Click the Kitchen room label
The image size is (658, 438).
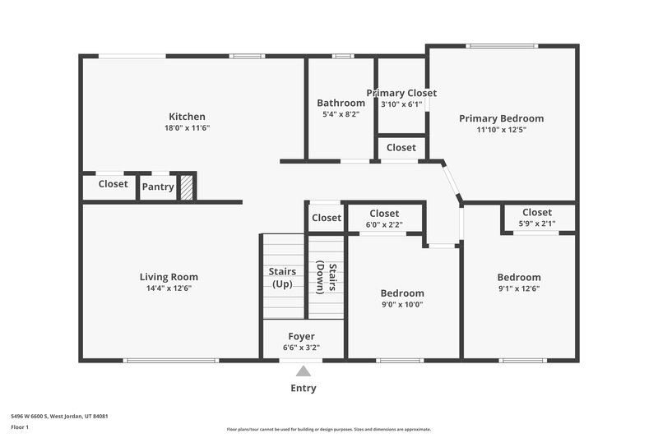(x=187, y=117)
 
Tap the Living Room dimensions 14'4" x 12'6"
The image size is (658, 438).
(x=169, y=288)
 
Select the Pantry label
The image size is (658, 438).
(x=157, y=187)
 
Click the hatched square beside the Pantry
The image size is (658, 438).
(x=187, y=187)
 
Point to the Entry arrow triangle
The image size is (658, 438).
(x=304, y=371)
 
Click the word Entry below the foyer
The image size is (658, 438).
(x=303, y=389)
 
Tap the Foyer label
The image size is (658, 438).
(x=301, y=337)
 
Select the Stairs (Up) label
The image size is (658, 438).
(x=282, y=278)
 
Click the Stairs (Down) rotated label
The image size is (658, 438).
(x=327, y=278)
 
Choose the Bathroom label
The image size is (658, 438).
(x=341, y=103)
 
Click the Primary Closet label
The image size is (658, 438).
(x=401, y=94)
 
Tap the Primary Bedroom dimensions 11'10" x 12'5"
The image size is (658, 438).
(x=501, y=130)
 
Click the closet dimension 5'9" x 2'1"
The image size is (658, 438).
(x=537, y=224)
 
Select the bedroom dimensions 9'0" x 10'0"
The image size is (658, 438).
(x=402, y=305)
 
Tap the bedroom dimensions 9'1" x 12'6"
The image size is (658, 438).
(x=519, y=288)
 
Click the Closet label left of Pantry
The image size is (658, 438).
(x=113, y=184)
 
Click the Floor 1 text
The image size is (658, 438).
(x=20, y=428)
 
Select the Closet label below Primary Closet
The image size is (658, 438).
(x=401, y=148)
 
